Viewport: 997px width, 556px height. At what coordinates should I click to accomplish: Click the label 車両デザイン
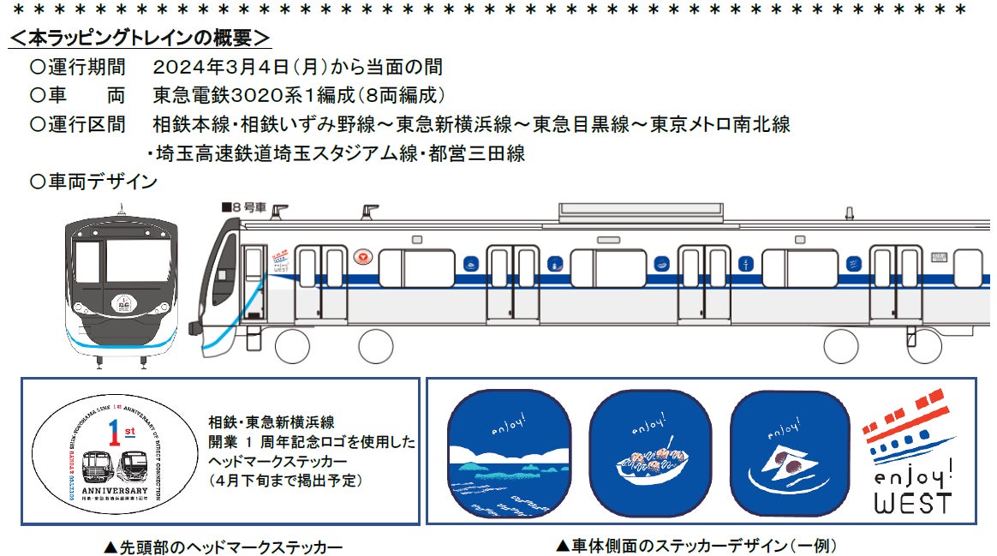96,182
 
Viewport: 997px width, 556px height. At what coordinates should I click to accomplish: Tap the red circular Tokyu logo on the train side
363,257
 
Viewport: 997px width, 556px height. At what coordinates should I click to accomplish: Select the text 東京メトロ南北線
719,124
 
